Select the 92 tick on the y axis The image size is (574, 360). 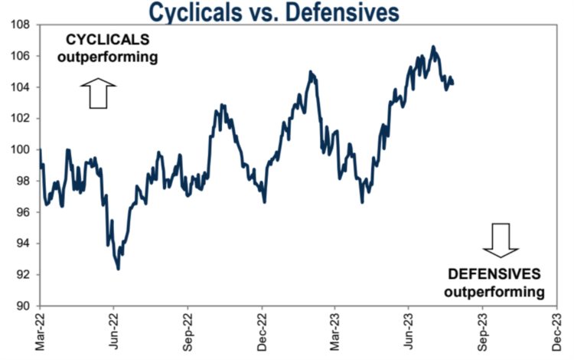(23, 274)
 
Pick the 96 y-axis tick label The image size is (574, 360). (23, 212)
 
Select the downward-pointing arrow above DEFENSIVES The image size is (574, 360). (501, 239)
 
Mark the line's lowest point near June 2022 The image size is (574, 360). (118, 269)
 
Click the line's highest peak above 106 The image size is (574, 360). (433, 47)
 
